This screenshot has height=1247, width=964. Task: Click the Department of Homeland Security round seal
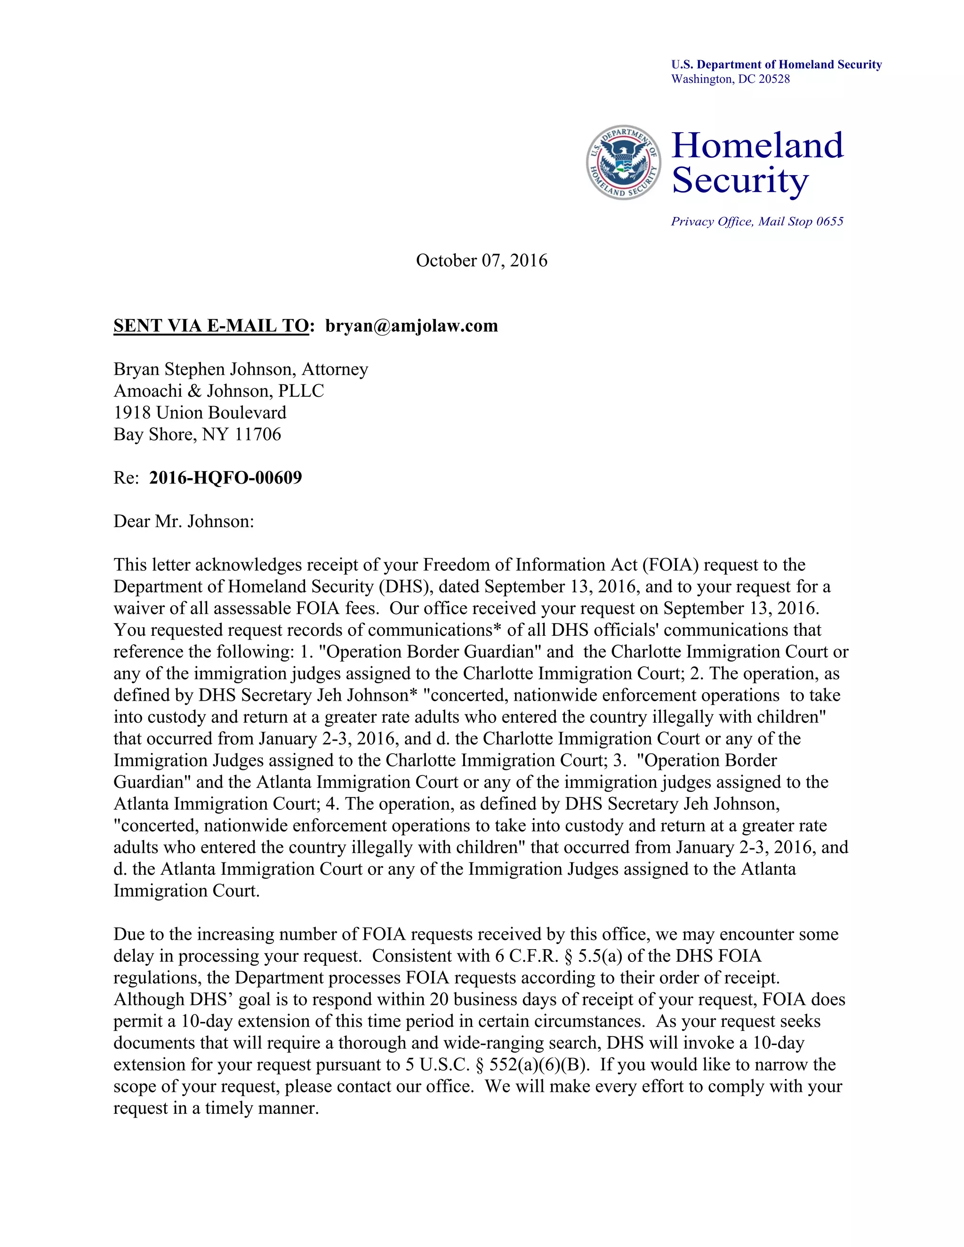pos(623,163)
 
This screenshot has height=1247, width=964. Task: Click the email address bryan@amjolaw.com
pos(411,326)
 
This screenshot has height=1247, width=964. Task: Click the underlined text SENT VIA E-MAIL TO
pos(211,326)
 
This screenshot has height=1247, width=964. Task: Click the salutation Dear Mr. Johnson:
pos(183,521)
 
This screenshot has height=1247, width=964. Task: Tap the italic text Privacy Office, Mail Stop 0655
pos(757,222)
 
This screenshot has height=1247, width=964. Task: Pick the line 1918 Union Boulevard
pos(200,412)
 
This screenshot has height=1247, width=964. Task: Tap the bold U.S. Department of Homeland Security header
pos(776,64)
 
